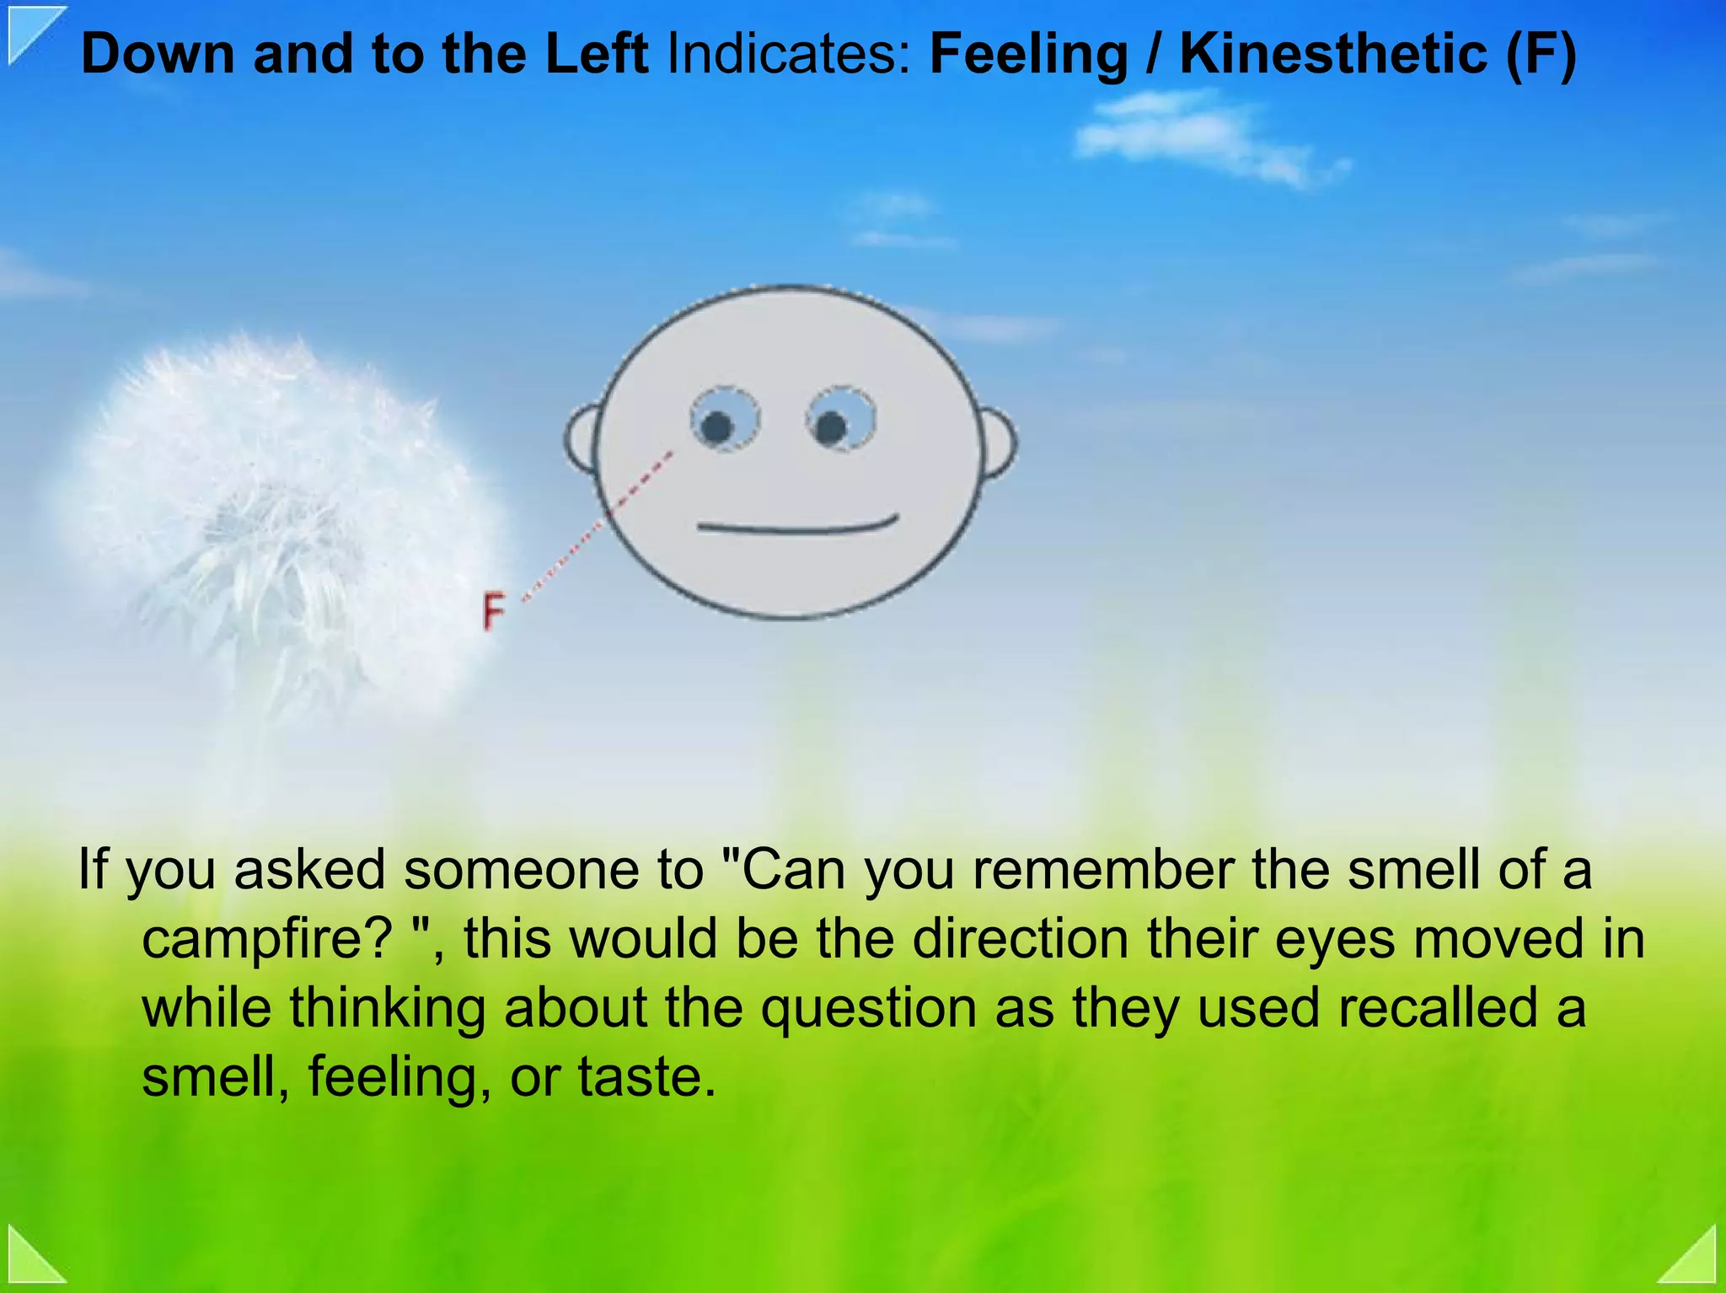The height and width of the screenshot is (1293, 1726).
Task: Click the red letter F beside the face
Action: click(493, 611)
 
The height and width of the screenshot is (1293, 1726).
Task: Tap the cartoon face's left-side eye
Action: click(724, 420)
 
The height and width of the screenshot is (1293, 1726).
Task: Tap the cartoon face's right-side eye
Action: click(839, 419)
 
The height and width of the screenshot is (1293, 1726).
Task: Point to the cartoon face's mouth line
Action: click(797, 527)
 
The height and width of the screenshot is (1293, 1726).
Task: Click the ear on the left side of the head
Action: click(582, 438)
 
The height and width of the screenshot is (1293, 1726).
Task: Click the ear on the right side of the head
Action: click(999, 443)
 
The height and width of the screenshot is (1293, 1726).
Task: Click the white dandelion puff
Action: click(270, 514)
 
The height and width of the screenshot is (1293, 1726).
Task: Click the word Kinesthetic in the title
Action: click(1332, 55)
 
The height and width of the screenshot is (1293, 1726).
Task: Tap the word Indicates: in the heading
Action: click(789, 55)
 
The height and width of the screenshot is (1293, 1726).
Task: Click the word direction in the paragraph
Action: click(1020, 938)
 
